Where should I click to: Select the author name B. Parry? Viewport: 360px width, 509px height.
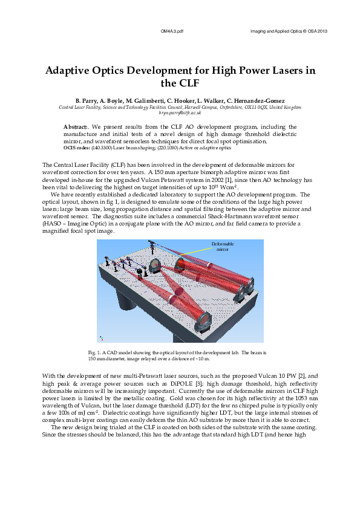pos(87,100)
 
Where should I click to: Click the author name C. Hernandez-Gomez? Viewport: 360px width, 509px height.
pos(250,100)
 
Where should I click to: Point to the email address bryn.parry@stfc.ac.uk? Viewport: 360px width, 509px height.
pos(180,112)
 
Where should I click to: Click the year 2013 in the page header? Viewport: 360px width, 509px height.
pos(322,30)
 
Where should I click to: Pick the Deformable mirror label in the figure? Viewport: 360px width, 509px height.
pos(222,246)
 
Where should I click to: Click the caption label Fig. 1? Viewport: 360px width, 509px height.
pos(95,352)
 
